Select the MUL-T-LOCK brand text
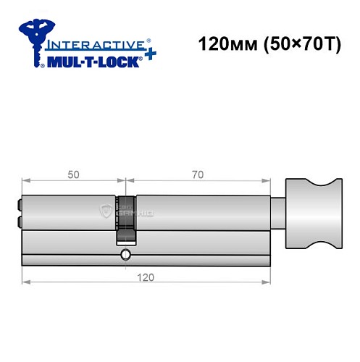tap(94, 62)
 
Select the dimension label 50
tap(72, 174)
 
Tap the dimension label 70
tap(198, 174)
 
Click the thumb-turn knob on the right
tap(314, 213)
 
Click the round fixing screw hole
tap(127, 254)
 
